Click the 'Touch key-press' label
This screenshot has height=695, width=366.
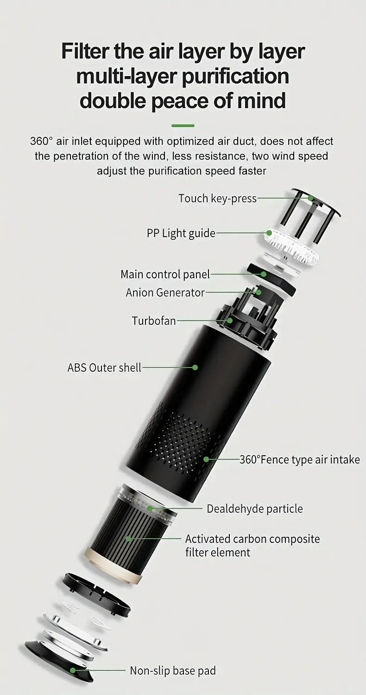pyautogui.click(x=217, y=199)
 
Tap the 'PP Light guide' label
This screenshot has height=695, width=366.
pyautogui.click(x=181, y=233)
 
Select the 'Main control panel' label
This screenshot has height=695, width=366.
pyautogui.click(x=165, y=274)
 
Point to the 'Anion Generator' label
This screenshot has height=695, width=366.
pyautogui.click(x=165, y=293)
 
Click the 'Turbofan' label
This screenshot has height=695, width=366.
pyautogui.click(x=154, y=321)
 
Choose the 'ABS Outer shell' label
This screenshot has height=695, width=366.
pyautogui.click(x=104, y=368)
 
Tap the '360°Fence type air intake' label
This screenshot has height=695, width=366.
pyautogui.click(x=299, y=460)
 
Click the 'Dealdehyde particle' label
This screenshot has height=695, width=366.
pyautogui.click(x=254, y=508)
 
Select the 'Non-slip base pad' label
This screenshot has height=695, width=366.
pyautogui.click(x=172, y=670)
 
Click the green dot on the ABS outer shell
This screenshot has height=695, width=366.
pyautogui.click(x=195, y=367)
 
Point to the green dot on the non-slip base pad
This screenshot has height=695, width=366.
pyautogui.click(x=72, y=670)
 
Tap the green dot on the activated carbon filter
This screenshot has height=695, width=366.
pyautogui.click(x=128, y=538)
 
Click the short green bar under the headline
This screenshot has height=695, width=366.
pyautogui.click(x=183, y=125)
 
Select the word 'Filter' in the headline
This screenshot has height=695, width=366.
pyautogui.click(x=86, y=51)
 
